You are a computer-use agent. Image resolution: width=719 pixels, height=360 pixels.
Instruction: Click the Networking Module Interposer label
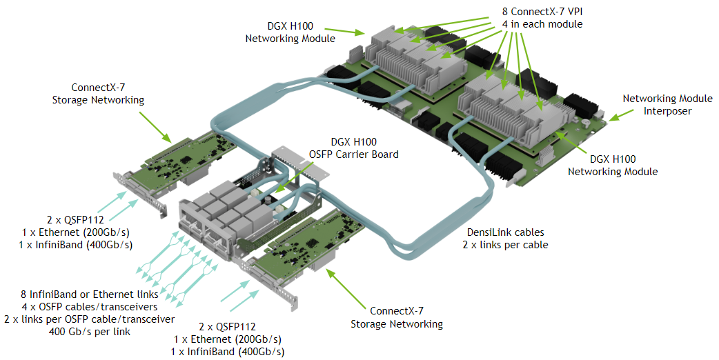658,104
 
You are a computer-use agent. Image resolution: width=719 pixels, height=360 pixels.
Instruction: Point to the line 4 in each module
542,24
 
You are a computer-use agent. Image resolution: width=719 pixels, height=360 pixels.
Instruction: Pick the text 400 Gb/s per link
89,332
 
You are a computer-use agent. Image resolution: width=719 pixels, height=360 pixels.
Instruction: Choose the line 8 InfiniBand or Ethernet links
89,294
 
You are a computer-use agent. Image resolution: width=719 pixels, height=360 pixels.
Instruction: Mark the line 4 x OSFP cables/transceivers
89,307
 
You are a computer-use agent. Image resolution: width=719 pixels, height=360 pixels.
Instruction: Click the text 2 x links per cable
505,245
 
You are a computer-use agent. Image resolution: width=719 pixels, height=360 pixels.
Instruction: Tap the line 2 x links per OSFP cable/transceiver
89,319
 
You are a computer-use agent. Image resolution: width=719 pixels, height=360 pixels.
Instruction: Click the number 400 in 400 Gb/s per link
60,332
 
